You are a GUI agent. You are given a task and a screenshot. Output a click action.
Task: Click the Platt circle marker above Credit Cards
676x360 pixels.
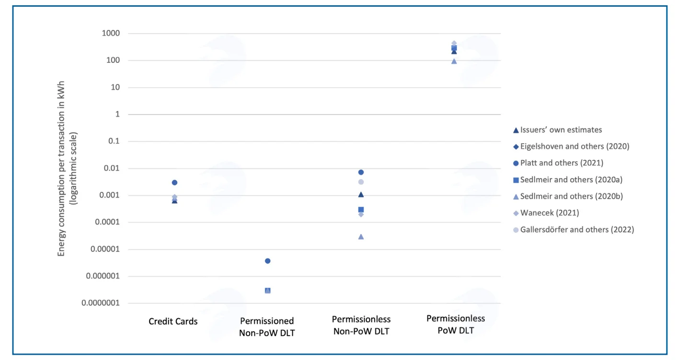[174, 183]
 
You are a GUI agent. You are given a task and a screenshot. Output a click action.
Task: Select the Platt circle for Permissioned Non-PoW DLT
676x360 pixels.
[268, 261]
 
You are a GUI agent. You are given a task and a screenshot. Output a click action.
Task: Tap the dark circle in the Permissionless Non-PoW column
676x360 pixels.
[361, 172]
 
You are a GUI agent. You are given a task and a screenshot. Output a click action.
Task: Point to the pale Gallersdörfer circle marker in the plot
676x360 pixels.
[361, 182]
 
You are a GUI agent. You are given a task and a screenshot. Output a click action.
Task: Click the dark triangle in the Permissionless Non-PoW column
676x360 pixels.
[361, 195]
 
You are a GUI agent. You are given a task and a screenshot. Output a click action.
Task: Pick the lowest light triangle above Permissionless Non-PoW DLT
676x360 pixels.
[361, 237]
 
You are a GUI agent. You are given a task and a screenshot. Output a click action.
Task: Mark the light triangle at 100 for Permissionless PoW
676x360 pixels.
[454, 61]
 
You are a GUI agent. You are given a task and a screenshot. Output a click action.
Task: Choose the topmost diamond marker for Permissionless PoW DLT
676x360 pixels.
[454, 44]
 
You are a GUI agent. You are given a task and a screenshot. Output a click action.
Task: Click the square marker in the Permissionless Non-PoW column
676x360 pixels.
[361, 209]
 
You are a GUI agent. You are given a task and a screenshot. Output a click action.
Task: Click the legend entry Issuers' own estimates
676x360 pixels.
[557, 130]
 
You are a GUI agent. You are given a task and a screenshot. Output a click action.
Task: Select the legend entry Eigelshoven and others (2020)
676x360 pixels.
[571, 147]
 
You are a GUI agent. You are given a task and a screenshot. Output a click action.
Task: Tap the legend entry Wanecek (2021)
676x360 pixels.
[546, 213]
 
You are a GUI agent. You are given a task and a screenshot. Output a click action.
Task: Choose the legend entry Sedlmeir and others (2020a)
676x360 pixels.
[568, 180]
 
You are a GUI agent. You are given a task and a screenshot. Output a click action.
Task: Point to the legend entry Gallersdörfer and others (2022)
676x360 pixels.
[573, 230]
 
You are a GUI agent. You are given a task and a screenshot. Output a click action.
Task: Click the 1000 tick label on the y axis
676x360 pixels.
[111, 33]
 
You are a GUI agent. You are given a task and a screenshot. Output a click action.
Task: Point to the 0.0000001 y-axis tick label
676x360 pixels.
[101, 303]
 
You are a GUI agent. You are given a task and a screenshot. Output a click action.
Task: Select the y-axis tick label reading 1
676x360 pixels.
[117, 114]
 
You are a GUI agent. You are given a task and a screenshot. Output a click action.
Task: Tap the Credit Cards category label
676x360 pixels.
[173, 321]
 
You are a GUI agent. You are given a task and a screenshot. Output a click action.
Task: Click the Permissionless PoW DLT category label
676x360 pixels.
[456, 325]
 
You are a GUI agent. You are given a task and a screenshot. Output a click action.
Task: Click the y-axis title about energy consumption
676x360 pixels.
[67, 169]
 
